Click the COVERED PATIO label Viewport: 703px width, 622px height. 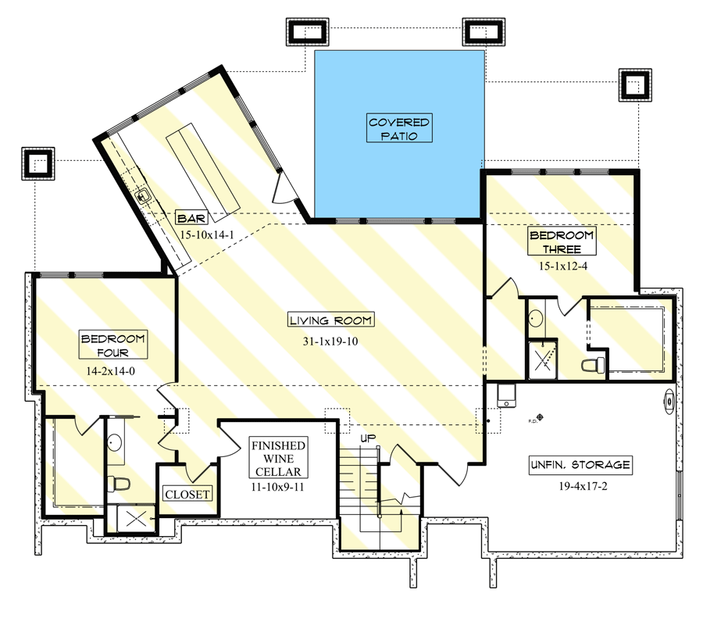click(x=399, y=129)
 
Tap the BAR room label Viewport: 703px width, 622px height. click(x=191, y=218)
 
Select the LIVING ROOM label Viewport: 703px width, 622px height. click(x=330, y=320)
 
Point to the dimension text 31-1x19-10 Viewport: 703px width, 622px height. click(x=330, y=341)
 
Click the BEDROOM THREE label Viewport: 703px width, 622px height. click(x=561, y=242)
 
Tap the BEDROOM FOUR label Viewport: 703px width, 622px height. click(x=113, y=345)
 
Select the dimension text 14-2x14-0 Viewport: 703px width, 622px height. click(x=113, y=372)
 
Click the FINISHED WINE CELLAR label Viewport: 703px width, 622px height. click(x=278, y=458)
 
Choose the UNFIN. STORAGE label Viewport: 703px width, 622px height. click(x=579, y=464)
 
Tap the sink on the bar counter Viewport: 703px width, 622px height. click(x=144, y=196)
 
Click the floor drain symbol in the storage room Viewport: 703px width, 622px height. click(x=539, y=416)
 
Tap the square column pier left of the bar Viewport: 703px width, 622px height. click(x=37, y=163)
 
